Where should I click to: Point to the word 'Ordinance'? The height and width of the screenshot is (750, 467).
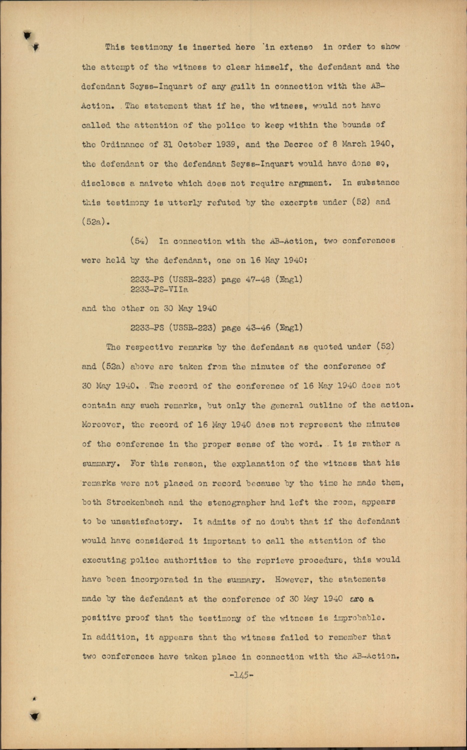(125, 144)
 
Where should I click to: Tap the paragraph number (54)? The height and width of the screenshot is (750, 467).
(139, 241)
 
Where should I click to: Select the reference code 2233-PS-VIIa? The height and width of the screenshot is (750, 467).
(159, 289)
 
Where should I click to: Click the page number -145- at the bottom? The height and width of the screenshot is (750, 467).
(241, 675)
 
